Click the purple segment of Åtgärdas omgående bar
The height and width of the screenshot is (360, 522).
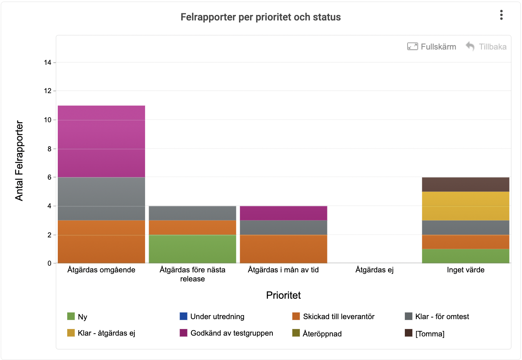(x=101, y=141)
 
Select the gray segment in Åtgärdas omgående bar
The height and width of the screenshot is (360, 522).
(x=101, y=199)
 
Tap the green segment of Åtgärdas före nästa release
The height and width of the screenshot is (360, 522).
(x=193, y=249)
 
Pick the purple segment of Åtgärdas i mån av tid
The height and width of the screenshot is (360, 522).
(x=283, y=213)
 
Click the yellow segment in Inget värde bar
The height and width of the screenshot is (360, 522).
(x=466, y=206)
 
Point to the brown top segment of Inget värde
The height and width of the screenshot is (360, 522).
(x=466, y=184)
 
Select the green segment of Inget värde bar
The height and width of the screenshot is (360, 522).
(x=466, y=256)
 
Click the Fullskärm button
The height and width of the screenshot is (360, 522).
(x=432, y=47)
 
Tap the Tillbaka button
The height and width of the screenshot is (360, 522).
(x=486, y=47)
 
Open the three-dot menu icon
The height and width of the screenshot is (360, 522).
(x=501, y=15)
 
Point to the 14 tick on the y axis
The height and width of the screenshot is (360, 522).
(x=48, y=62)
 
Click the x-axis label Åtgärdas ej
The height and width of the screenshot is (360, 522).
(x=375, y=270)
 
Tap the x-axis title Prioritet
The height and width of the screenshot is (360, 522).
(x=283, y=295)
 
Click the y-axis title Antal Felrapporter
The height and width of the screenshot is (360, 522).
(x=19, y=161)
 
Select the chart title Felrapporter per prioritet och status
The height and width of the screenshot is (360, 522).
(x=261, y=17)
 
